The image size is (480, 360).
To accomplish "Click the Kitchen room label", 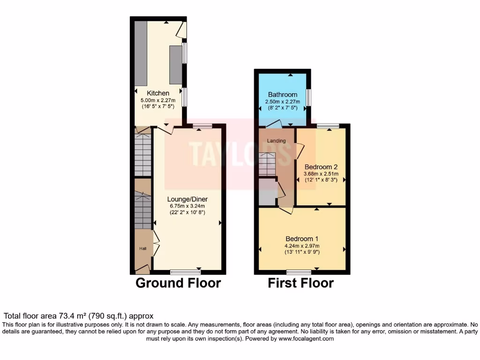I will coord(158,93).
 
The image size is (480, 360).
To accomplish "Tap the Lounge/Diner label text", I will coord(187,199).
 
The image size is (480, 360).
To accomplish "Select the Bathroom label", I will coord(283,95).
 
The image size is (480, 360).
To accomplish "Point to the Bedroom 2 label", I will coord(321,167).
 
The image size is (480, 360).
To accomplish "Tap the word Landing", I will coord(276,141).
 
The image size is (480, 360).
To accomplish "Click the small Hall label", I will coord(142,248).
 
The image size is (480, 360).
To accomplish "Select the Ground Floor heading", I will coord(178,283).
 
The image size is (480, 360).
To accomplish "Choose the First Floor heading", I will coord(300,283).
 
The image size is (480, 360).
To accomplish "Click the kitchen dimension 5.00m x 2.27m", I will coord(158,100).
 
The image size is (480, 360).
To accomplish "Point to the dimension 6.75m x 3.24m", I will coord(187,206).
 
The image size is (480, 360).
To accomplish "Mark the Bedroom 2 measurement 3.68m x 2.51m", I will coord(321,173).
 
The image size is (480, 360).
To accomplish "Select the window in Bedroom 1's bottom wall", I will coord(299,272).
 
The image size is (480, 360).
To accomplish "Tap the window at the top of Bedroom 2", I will coord(328,125).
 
